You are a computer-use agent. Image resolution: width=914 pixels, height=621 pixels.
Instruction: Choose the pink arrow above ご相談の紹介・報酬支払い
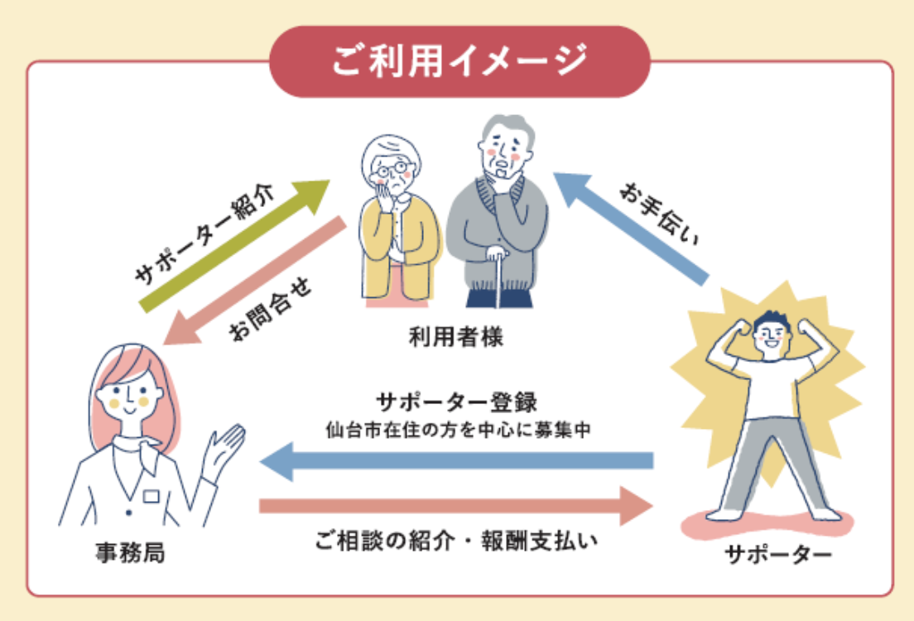[455, 505]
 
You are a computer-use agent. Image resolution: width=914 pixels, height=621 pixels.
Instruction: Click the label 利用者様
[456, 337]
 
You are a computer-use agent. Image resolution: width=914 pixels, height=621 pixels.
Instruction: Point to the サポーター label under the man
[777, 553]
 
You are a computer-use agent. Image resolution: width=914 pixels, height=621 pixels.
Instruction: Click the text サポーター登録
[457, 403]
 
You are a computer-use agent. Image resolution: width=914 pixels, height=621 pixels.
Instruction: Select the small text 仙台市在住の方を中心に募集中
[457, 430]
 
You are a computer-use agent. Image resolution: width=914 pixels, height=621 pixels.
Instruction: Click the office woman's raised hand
[224, 447]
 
